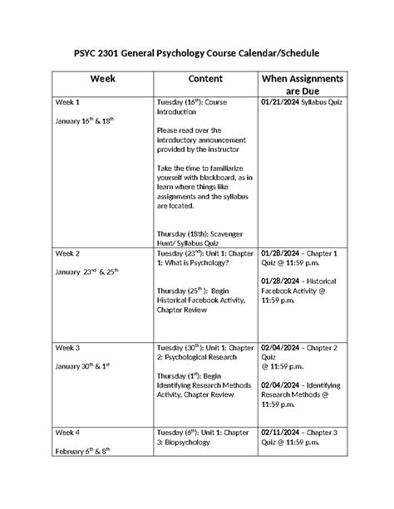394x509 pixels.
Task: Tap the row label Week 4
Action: click(68, 433)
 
